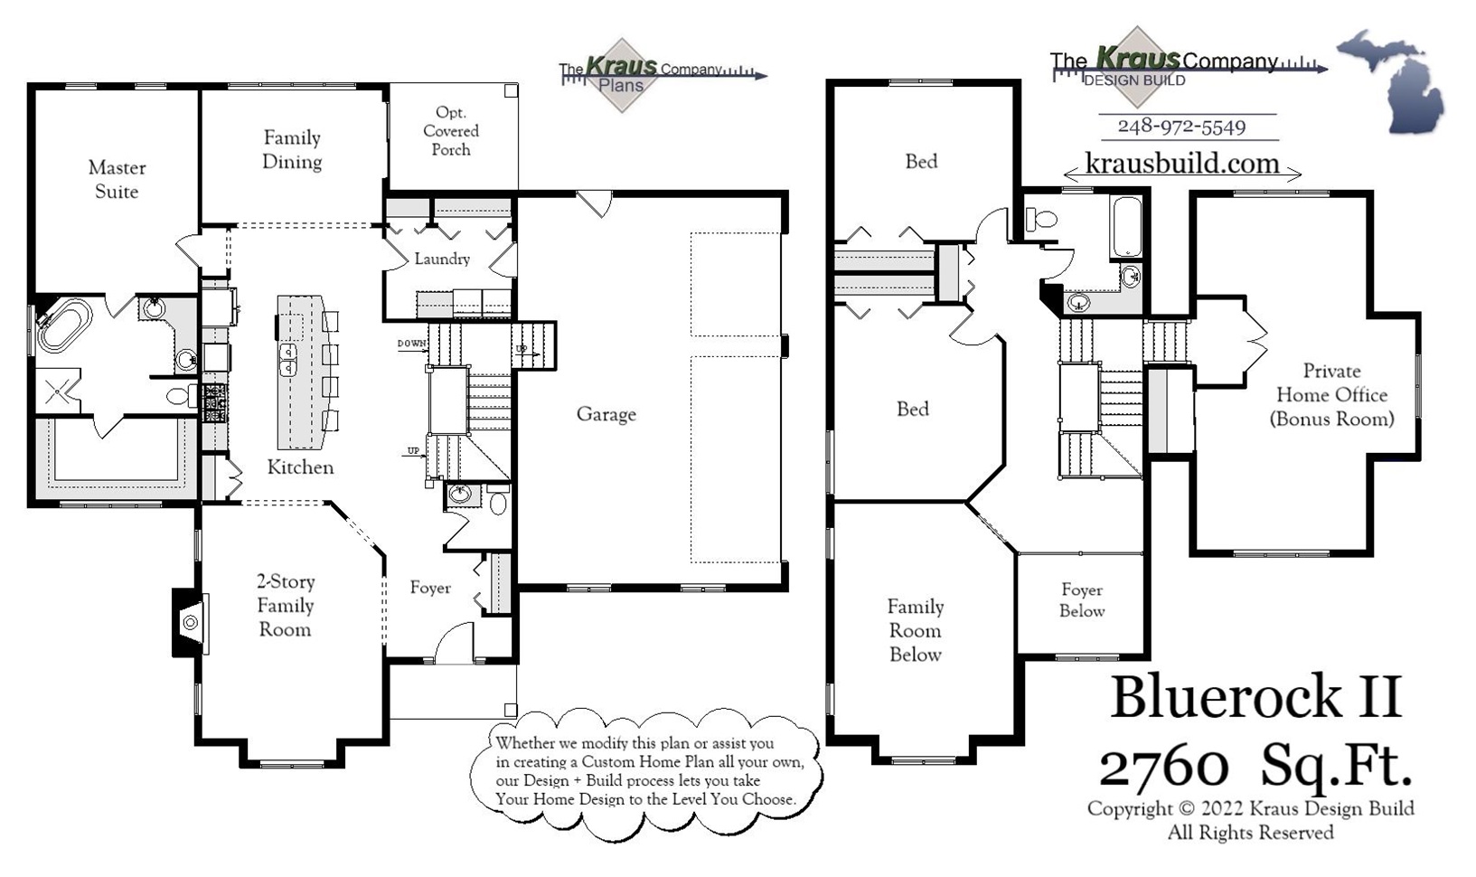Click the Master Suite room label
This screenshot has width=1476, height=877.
tap(117, 179)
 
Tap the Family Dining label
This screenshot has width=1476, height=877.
tap(292, 149)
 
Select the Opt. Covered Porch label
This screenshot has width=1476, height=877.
tap(451, 131)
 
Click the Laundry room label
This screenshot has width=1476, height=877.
tap(442, 259)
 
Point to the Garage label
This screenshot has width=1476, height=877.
tap(606, 414)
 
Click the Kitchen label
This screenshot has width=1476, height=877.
tap(300, 467)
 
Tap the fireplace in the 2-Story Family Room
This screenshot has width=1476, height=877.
tap(189, 622)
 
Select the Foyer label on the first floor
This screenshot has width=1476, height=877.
tap(430, 588)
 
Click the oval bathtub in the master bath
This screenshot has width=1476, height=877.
tap(62, 326)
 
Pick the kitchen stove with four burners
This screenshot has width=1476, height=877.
tap(214, 403)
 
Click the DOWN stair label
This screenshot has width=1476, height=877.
tap(411, 344)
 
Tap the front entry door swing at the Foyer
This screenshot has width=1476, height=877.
tap(454, 644)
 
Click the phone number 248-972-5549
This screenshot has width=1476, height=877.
tap(1181, 127)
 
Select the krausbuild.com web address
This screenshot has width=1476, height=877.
tap(1181, 164)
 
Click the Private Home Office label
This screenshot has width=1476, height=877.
tap(1331, 395)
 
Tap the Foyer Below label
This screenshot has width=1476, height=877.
tap(1082, 600)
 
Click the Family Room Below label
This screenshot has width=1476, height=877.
tap(915, 630)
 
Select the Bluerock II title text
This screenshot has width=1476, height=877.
tap(1255, 697)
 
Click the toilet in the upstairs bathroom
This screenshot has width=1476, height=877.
tap(1044, 218)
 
